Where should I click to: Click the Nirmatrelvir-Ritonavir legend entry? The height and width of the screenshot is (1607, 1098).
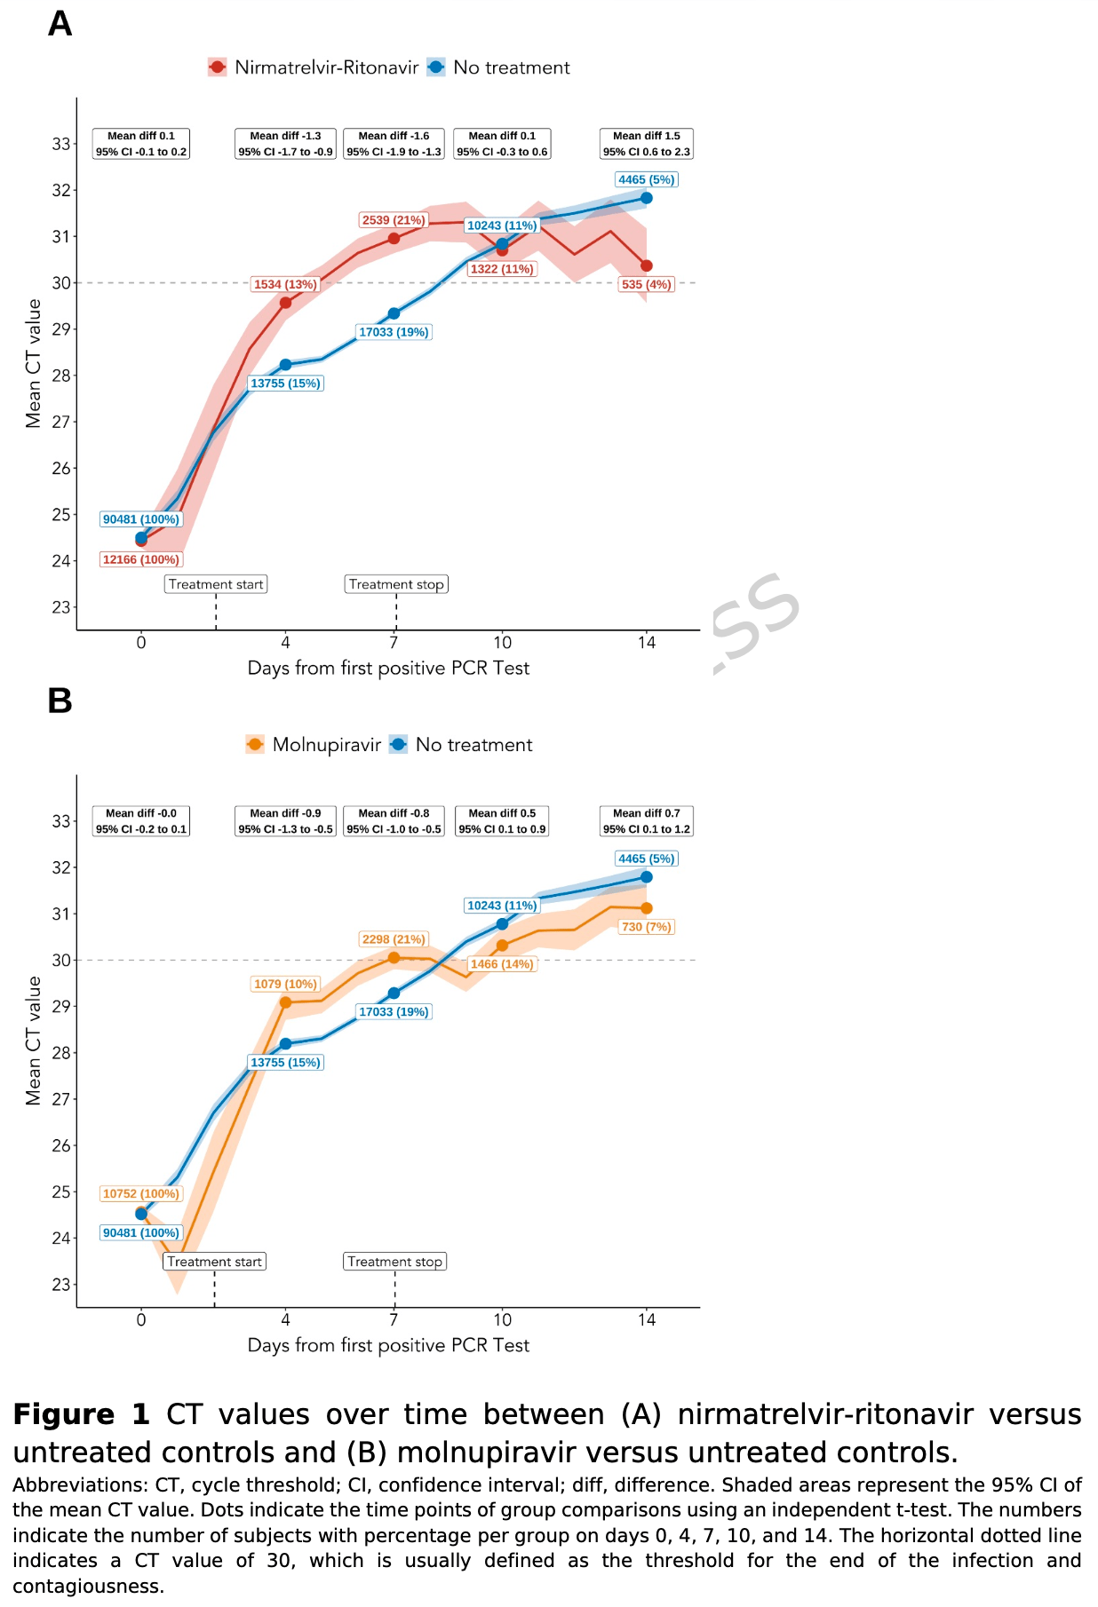313,67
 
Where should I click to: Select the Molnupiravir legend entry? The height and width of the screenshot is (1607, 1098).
314,745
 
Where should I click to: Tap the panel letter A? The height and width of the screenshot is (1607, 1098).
60,24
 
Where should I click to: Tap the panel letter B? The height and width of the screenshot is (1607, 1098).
60,701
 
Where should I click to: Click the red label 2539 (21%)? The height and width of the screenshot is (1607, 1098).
393,220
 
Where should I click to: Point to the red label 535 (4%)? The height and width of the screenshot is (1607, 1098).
646,285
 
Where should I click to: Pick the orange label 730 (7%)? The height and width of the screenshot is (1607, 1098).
646,927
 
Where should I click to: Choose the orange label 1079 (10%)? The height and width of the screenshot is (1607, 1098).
285,984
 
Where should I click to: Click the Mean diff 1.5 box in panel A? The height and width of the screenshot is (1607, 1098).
646,144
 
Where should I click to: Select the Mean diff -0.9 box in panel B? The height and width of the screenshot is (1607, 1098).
285,821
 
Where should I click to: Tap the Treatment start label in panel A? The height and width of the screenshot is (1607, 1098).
216,584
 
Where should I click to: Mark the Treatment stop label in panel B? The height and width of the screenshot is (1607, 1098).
394,1262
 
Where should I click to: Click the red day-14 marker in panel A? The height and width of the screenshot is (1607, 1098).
646,265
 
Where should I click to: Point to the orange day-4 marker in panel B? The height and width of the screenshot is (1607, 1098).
285,1002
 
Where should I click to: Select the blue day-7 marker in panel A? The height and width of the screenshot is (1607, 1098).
394,313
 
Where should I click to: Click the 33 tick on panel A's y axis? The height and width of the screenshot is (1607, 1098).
60,144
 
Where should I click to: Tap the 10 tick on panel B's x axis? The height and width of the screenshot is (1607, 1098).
502,1320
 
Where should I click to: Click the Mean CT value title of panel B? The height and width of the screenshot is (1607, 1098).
34,1041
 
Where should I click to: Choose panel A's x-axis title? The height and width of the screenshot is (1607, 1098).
388,669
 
